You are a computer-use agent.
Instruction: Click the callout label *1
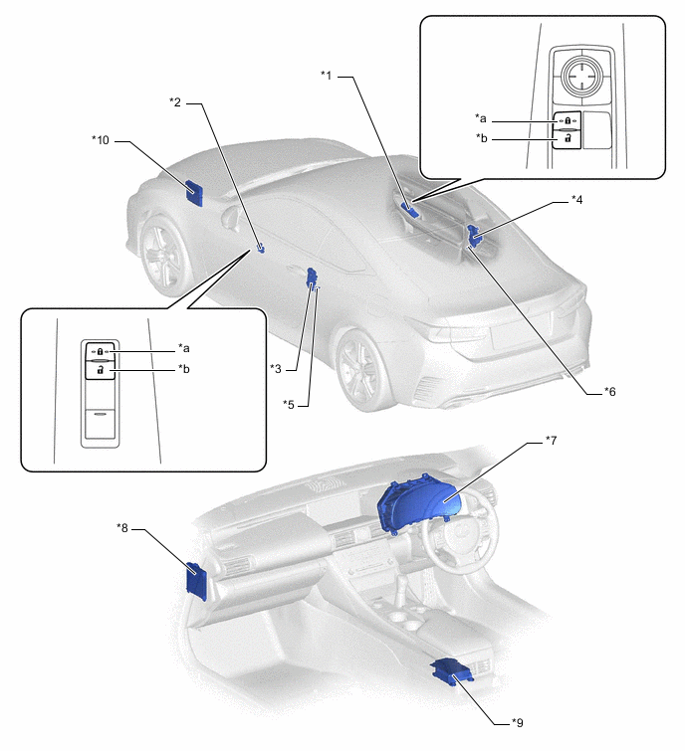(327, 75)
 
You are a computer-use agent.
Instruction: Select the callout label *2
(175, 101)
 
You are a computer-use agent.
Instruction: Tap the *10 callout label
(100, 140)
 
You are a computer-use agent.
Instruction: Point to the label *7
(553, 439)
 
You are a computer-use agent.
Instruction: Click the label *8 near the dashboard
(122, 528)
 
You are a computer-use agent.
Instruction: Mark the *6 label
(610, 391)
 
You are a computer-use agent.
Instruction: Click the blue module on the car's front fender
(194, 189)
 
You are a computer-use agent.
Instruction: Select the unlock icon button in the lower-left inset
(101, 369)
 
